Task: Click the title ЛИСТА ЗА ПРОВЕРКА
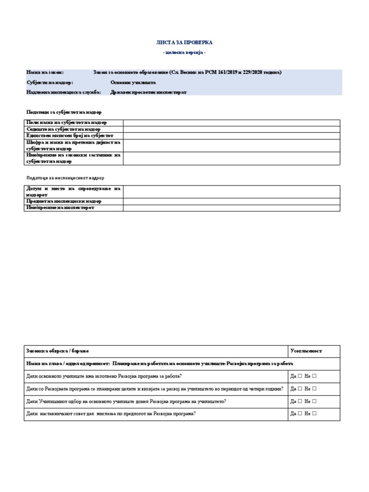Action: [x=184, y=43]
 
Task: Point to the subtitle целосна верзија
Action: [x=184, y=52]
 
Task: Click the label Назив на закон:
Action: [x=45, y=73]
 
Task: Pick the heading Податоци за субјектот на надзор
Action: [x=64, y=112]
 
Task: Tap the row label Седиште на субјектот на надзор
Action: [x=63, y=129]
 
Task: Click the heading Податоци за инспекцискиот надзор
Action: [x=65, y=178]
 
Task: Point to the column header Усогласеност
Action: [x=306, y=351]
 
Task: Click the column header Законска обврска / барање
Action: [x=58, y=351]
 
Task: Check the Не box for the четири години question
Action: [x=314, y=389]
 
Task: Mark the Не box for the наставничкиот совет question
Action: [x=314, y=414]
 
